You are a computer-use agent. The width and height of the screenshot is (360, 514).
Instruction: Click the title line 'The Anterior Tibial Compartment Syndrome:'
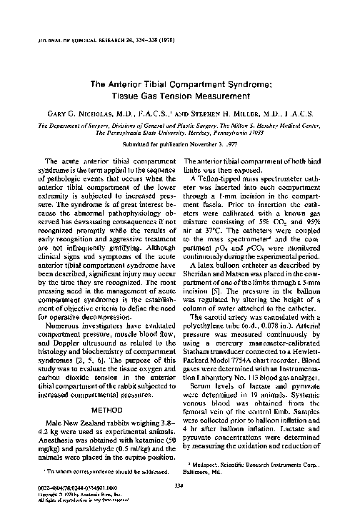pyautogui.click(x=179, y=84)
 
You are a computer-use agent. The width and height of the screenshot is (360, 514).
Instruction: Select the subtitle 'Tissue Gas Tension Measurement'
pyautogui.click(x=179, y=96)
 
